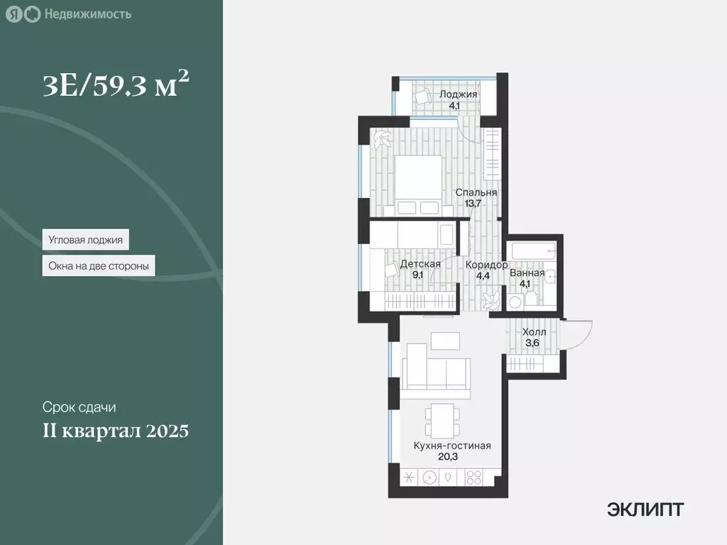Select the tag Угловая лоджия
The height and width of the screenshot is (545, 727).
click(x=85, y=240)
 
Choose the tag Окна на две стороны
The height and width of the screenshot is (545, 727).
click(x=99, y=267)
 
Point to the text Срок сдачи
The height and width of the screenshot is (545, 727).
click(x=79, y=408)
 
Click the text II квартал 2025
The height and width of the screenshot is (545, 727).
click(x=115, y=431)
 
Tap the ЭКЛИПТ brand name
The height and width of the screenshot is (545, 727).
click(x=645, y=509)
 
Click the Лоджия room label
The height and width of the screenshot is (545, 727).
click(x=458, y=94)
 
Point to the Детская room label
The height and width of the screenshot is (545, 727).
click(x=420, y=264)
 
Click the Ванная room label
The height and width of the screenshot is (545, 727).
click(x=527, y=272)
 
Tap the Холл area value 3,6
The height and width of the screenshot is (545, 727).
click(x=532, y=343)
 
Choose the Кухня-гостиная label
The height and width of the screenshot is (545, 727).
click(x=452, y=446)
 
